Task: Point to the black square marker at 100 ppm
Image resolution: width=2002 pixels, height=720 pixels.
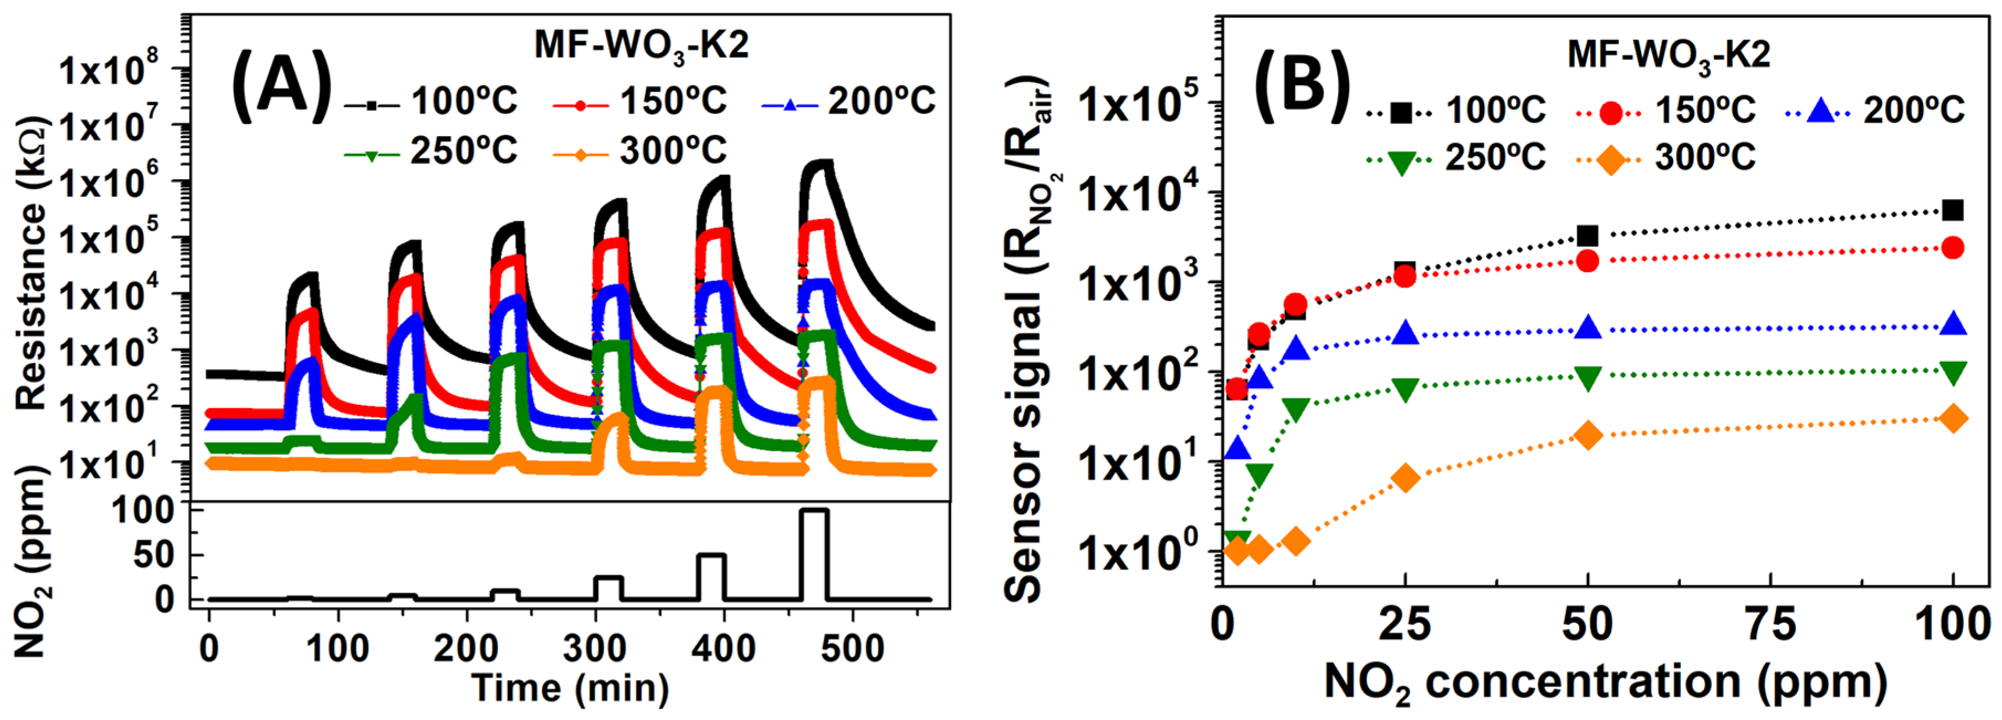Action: [1952, 210]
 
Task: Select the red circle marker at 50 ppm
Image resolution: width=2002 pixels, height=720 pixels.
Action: [1588, 260]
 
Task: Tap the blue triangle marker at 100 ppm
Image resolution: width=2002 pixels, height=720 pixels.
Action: [1952, 325]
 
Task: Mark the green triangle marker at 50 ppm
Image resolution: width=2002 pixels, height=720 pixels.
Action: [1588, 378]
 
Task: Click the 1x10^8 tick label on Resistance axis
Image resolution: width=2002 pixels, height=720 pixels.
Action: [109, 70]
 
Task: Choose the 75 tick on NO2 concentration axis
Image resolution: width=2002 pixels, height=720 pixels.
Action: [1770, 625]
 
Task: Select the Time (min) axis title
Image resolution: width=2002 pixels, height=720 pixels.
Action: [570, 688]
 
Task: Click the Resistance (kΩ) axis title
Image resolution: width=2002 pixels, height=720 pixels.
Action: [31, 264]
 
